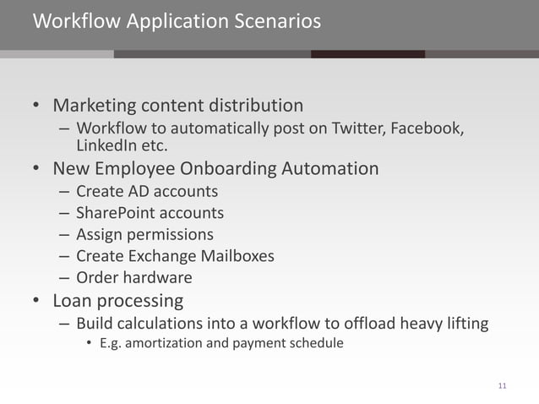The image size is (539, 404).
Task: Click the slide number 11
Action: click(x=503, y=386)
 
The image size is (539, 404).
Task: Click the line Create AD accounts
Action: click(x=147, y=191)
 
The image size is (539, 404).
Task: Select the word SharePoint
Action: click(x=113, y=213)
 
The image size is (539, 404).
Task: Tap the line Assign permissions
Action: click(x=144, y=234)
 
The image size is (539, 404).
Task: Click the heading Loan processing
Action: click(x=118, y=300)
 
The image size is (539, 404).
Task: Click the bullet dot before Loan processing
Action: click(x=36, y=301)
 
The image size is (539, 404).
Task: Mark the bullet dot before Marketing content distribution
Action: click(x=36, y=107)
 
